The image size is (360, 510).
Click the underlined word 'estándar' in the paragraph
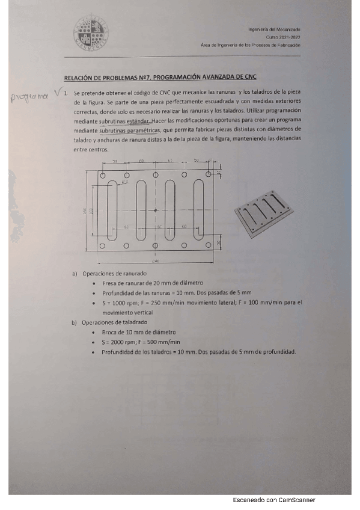[138, 120]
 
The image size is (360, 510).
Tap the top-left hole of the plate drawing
[103, 174]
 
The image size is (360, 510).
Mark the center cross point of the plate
[156, 210]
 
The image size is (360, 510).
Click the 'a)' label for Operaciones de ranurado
[75, 274]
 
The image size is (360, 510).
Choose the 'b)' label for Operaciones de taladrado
[75, 322]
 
